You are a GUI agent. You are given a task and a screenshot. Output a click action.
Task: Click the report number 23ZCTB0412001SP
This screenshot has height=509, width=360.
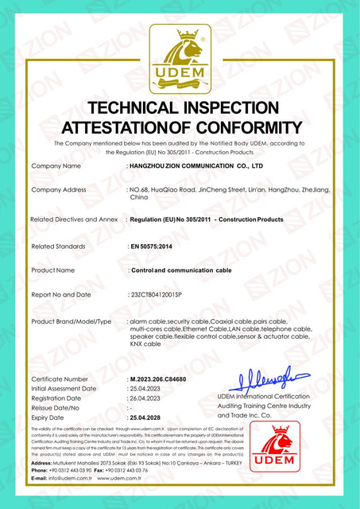[162, 294]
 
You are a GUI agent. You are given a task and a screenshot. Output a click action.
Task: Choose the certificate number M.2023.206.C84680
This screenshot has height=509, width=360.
[162, 379]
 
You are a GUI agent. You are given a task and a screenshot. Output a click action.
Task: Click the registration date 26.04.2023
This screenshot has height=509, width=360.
[147, 398]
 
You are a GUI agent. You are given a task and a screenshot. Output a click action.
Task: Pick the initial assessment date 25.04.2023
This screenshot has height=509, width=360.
[147, 388]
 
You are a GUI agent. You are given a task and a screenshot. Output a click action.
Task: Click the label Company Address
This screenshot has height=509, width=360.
[58, 191]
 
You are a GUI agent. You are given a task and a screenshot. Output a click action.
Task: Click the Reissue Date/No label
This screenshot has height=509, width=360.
[60, 407]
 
